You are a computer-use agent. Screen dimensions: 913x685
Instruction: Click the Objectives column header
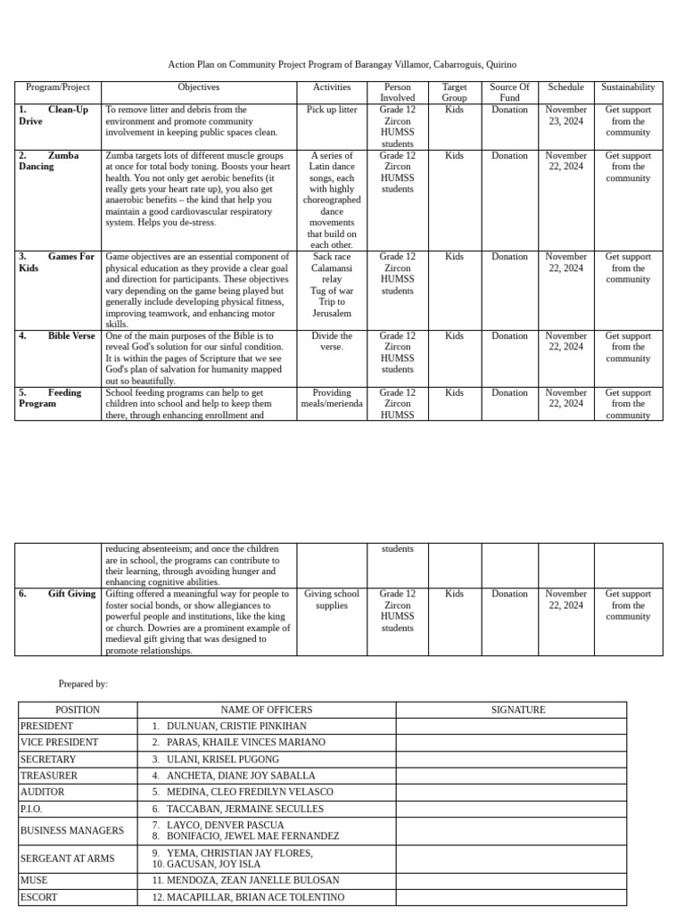[198, 87]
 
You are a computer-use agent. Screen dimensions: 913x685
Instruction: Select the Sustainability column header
[628, 87]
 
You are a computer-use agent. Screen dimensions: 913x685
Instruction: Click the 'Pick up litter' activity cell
[332, 110]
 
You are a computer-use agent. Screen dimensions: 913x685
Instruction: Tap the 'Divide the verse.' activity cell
[332, 341]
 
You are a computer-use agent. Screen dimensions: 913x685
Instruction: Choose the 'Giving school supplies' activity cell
[332, 599]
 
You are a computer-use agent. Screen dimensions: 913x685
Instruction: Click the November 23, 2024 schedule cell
[565, 115]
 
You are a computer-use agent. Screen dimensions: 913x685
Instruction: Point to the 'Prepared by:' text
[83, 684]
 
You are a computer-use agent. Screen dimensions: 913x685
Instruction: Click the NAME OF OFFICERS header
[267, 710]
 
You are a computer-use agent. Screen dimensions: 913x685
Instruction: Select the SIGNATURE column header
[518, 710]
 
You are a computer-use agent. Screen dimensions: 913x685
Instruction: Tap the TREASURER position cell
[49, 776]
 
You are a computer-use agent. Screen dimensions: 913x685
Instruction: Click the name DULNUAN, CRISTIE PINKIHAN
[235, 727]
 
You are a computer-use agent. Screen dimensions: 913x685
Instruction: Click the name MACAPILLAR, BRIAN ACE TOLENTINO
[254, 897]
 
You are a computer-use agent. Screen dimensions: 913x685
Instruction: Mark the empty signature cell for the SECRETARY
[511, 760]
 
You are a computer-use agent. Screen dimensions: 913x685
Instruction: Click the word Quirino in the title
[500, 65]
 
